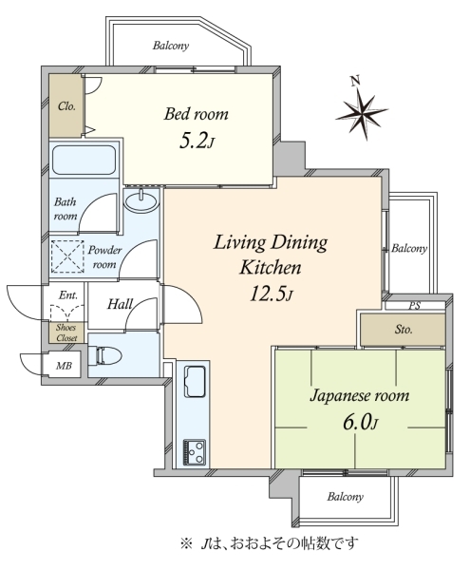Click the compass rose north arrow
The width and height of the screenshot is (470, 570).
point(362,110)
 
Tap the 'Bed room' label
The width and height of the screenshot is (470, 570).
point(197,114)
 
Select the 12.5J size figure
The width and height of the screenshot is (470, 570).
point(271,294)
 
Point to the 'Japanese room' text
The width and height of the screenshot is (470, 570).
point(359,396)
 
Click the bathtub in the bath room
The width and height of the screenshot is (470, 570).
point(84,160)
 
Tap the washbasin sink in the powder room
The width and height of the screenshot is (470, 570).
point(141,200)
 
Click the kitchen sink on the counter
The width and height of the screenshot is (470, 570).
point(195,381)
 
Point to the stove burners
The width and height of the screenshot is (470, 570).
point(194,452)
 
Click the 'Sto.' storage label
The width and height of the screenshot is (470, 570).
point(404,330)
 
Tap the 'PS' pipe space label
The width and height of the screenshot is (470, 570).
point(414,306)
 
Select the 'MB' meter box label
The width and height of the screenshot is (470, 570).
point(64,366)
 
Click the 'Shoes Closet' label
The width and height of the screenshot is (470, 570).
point(66,332)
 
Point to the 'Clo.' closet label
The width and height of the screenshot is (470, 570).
point(66,106)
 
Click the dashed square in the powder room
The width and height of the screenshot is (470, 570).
point(67,256)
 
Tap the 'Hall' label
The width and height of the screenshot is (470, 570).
point(120,304)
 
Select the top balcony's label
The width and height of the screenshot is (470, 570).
point(171,46)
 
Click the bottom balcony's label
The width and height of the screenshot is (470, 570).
point(345,497)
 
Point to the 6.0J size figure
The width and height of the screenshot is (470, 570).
point(360,423)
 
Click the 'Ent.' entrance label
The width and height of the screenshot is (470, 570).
point(68,295)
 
